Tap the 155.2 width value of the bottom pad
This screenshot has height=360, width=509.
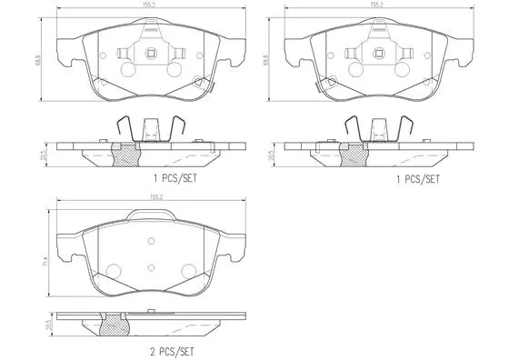coord(156,196)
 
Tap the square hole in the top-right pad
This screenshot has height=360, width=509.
coord(378,51)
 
